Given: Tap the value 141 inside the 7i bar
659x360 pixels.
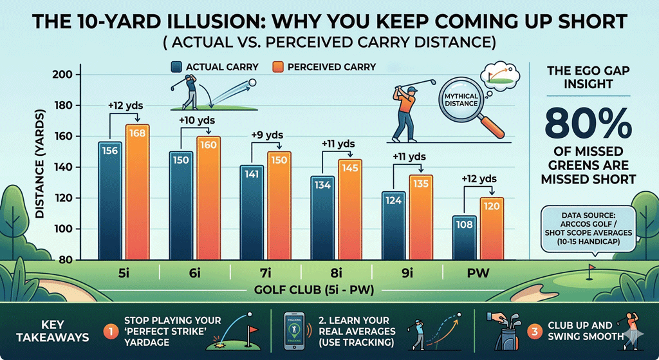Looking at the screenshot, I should (252, 173).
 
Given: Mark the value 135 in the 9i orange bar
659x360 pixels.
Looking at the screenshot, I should (420, 184).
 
